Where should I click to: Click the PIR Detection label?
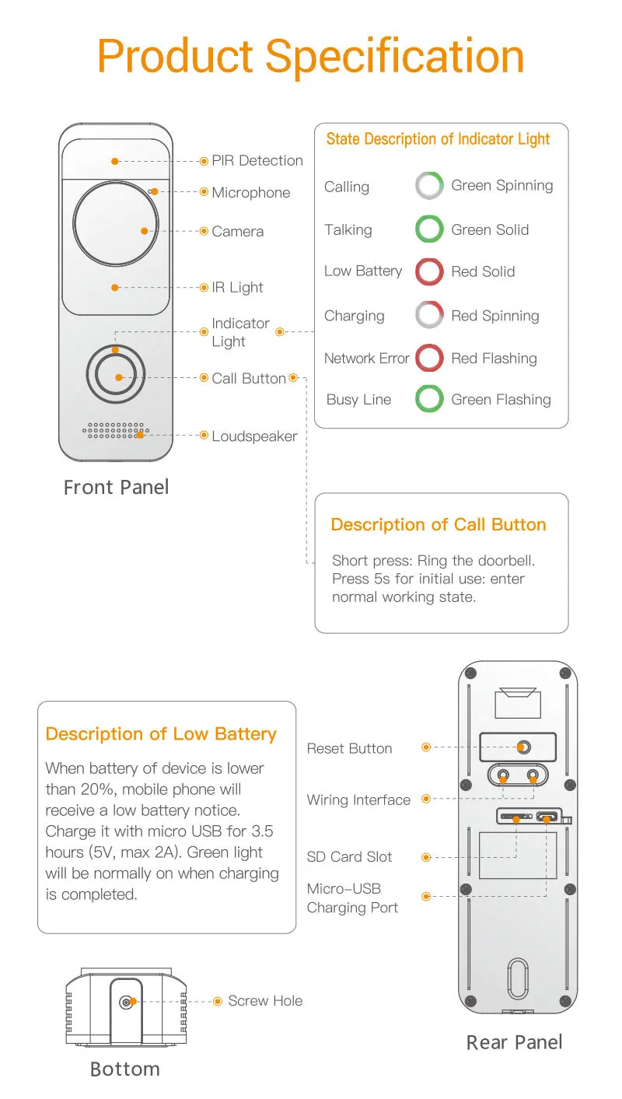[x=257, y=161]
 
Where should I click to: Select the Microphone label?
[x=250, y=193]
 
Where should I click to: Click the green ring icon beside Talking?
[x=429, y=229]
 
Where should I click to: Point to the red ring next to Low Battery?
[x=429, y=271]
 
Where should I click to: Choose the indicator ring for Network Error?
[x=429, y=358]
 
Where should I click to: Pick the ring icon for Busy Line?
[x=429, y=399]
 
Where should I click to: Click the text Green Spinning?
[x=501, y=186]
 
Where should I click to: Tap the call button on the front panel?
[x=116, y=377]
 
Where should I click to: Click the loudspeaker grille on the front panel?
[x=116, y=431]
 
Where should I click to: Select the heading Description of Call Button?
[x=439, y=525]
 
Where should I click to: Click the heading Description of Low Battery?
[x=161, y=734]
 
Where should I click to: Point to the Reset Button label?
[x=349, y=748]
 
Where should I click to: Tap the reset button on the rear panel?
[x=523, y=747]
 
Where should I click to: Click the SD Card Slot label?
[x=349, y=857]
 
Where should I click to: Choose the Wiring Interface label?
[x=358, y=800]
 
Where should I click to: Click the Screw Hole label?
[x=265, y=1001]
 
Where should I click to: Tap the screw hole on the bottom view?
[x=126, y=1003]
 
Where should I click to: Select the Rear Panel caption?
[x=514, y=1043]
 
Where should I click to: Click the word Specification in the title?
[x=394, y=56]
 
